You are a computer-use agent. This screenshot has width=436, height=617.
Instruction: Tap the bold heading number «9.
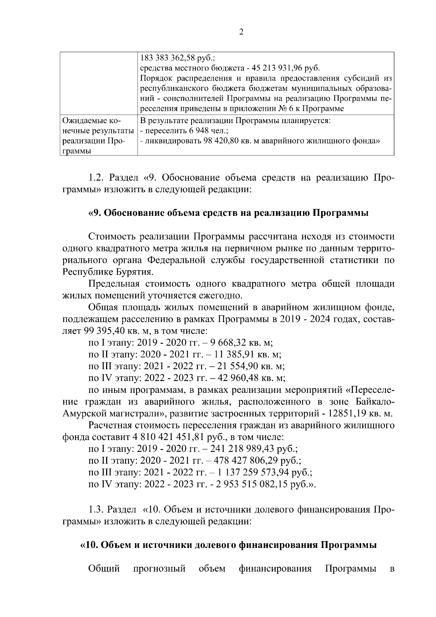(x=95, y=213)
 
